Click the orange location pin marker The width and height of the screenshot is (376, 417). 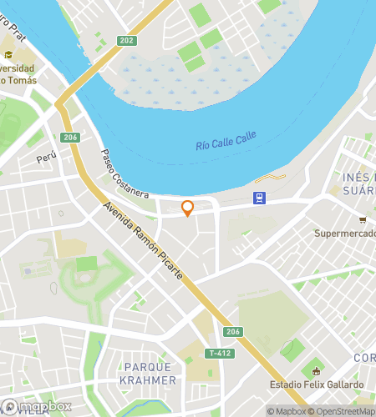pos(187,208)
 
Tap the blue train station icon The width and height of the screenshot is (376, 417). pos(261,198)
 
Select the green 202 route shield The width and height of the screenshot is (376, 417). pos(126,40)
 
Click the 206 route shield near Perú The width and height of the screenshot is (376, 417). pos(70,138)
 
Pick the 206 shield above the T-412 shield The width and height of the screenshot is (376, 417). pos(232,332)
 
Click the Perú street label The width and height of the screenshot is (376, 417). pos(45,158)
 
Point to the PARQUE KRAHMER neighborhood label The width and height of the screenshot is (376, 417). pos(150,374)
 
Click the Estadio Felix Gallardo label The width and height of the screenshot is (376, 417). pos(317,385)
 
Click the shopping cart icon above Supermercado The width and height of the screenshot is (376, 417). pos(363,220)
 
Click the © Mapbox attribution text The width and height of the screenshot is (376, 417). pos(287,411)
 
